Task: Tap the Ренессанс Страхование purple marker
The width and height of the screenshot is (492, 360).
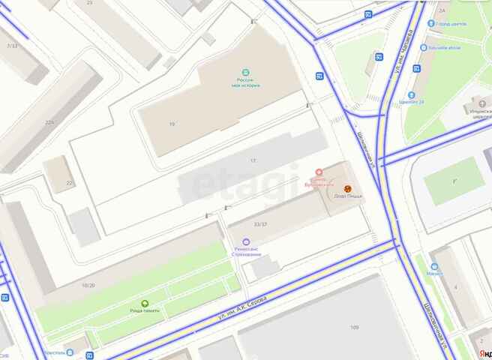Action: coord(245,240)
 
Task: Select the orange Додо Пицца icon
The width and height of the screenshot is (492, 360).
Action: coord(347,188)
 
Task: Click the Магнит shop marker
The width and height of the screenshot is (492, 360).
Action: coord(433,266)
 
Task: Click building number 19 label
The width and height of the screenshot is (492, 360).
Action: coord(172,124)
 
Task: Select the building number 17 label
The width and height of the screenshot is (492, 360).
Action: coord(253,161)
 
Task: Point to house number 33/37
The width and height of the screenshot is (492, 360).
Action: coord(261,223)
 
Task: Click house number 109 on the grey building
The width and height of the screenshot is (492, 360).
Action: coord(354,327)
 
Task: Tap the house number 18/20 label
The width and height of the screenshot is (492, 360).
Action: coord(88,285)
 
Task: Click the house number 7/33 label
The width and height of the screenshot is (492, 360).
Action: coord(11,46)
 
